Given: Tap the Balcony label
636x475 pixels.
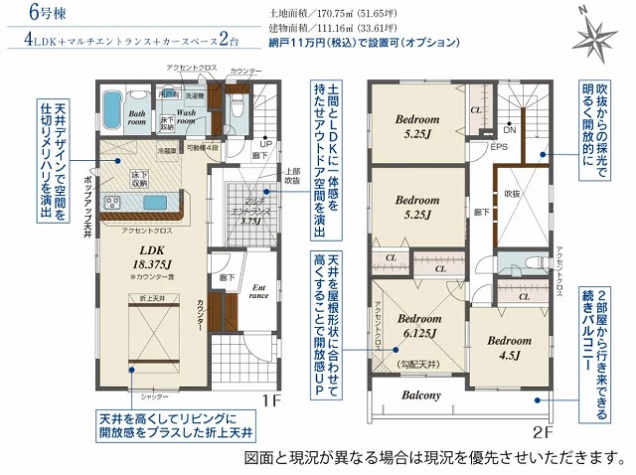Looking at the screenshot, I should click(421, 396).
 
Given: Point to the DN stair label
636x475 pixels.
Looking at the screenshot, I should click(509, 130).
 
